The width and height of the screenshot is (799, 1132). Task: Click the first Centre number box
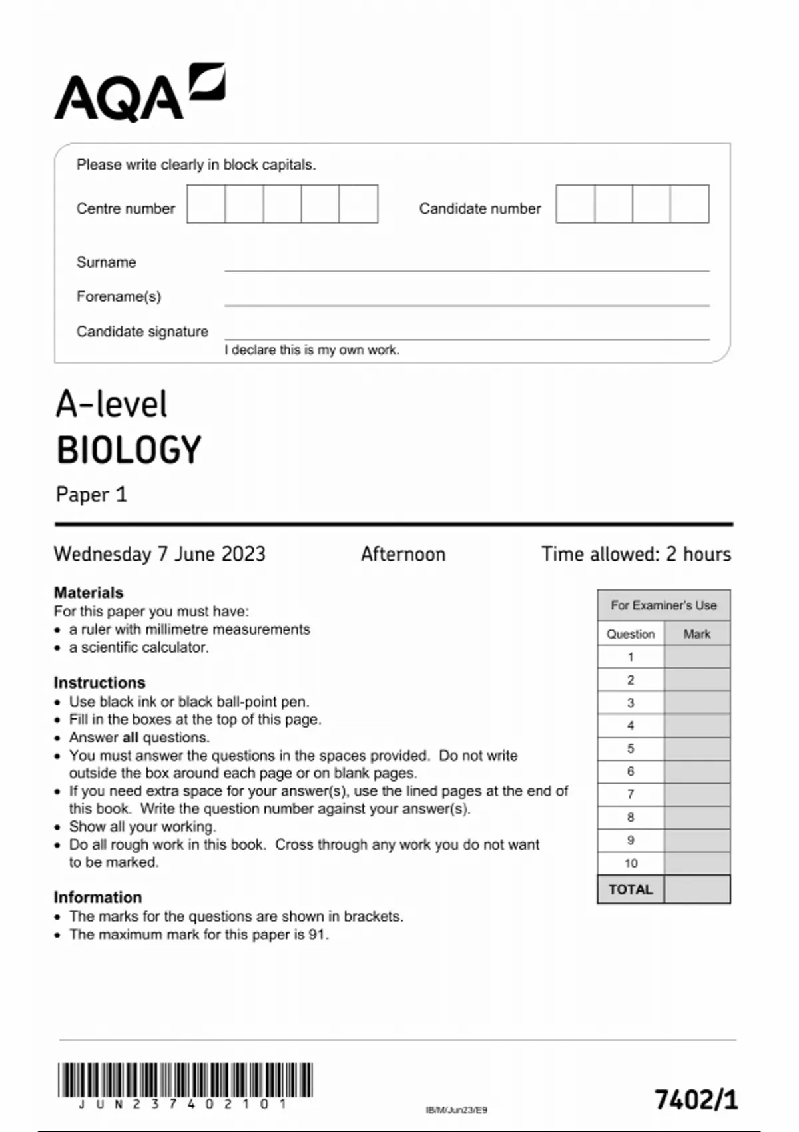206,204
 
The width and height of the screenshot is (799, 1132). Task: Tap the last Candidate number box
690,204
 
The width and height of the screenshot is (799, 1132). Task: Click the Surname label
106,262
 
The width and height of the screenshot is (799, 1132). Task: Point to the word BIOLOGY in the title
129,450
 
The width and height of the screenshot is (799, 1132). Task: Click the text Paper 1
91,495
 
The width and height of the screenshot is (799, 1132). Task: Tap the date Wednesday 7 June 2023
160,554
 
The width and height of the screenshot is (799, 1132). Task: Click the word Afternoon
403,554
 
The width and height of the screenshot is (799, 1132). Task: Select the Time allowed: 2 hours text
636,554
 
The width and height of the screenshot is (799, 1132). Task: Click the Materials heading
89,592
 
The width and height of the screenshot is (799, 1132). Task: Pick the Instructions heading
99,683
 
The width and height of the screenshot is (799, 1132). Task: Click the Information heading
98,897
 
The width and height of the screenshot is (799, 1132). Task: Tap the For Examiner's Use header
663,605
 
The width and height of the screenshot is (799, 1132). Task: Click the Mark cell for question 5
696,748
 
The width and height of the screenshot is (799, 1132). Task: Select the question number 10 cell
631,863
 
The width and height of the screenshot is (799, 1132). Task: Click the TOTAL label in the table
631,890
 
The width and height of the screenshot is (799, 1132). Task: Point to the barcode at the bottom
185,1080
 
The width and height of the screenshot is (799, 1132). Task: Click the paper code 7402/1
696,1099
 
